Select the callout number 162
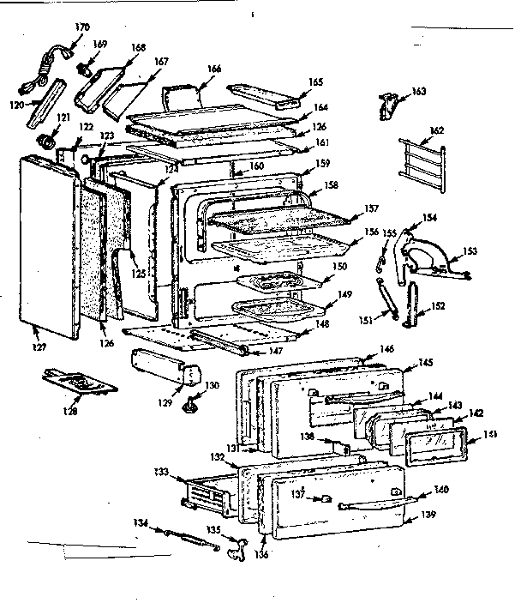tap(437, 130)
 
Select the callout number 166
tap(214, 68)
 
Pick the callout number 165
tap(316, 81)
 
